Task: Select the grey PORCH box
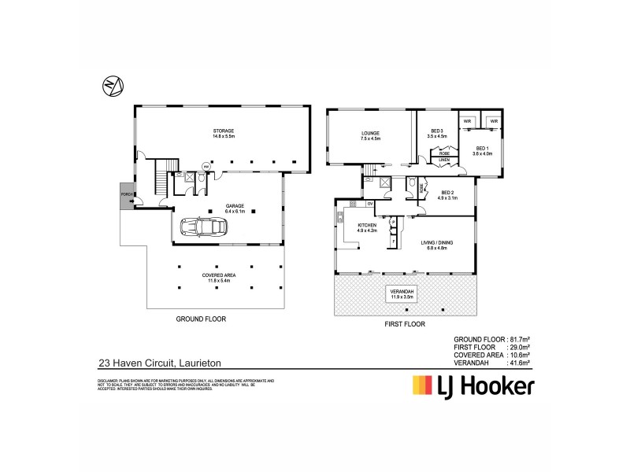point(124,194)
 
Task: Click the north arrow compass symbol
point(111,86)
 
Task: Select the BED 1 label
point(481,150)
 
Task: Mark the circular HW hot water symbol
point(207,166)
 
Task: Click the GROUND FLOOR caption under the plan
point(201,320)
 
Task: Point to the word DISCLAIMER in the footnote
point(107,380)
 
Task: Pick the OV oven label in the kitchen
point(369,204)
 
